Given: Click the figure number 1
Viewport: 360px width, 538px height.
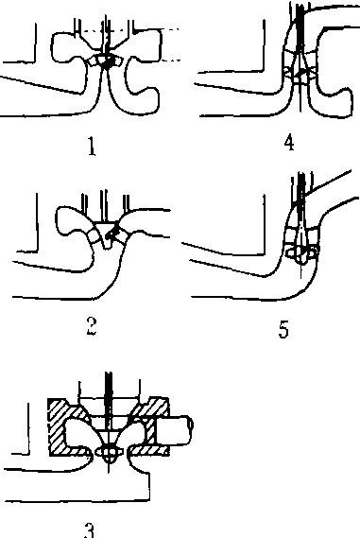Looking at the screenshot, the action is (92, 147).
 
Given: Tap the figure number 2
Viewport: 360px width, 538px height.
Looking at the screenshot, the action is (92, 326).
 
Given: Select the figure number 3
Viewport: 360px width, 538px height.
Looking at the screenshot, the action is (89, 530).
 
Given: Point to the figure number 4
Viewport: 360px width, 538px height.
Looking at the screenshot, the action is (289, 143).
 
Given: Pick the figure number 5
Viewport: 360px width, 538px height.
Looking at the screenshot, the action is (283, 329).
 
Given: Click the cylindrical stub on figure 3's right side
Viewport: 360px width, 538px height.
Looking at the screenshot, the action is (175, 429).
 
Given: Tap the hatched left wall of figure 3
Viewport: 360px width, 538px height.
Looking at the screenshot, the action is (57, 427).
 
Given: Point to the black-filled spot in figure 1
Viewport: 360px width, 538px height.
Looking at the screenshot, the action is (109, 63).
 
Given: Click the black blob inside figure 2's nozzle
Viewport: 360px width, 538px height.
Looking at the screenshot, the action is (111, 234).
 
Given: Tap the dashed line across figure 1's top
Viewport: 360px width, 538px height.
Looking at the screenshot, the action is (130, 30).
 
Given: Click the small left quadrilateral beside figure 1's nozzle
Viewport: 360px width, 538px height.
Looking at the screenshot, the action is (93, 61).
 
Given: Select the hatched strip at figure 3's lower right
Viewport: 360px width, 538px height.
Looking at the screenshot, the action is (149, 450).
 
